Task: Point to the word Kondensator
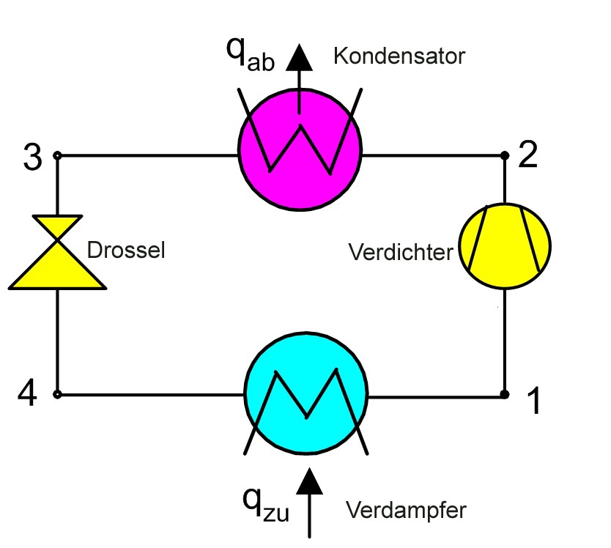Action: click(x=399, y=56)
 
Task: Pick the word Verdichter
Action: click(x=401, y=253)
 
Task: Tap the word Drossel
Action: click(x=126, y=251)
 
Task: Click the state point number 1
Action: click(x=534, y=401)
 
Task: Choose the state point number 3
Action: click(x=32, y=159)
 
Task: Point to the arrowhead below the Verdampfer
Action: click(x=309, y=481)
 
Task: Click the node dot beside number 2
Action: click(x=505, y=155)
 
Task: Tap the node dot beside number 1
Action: click(x=505, y=394)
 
